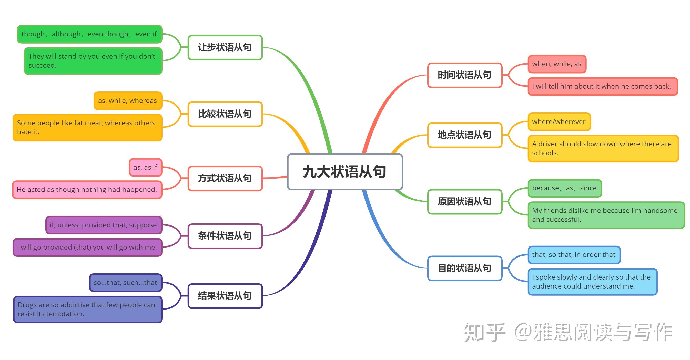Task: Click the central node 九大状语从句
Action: point(345,172)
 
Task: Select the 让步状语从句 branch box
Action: point(225,47)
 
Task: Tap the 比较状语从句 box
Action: point(225,114)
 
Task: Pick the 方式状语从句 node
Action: point(225,178)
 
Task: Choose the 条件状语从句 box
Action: point(225,236)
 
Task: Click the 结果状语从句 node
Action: point(225,296)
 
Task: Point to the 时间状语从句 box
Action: point(464,75)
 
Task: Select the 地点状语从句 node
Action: point(464,135)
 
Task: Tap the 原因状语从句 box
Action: point(464,202)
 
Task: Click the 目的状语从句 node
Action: point(464,268)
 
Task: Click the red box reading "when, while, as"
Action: point(557,64)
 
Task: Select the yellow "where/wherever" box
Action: point(559,122)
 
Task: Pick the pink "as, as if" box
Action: point(145,167)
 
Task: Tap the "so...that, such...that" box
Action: point(125,283)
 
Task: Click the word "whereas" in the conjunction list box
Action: point(143,101)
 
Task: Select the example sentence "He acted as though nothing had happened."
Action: point(87,190)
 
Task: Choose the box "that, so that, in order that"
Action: point(574,255)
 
